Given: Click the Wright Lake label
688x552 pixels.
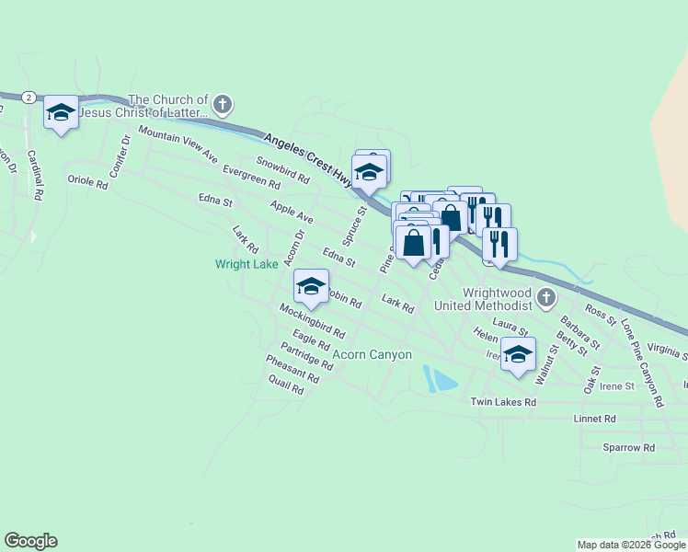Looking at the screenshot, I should (x=247, y=264).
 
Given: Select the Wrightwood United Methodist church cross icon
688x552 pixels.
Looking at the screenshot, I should (x=547, y=297).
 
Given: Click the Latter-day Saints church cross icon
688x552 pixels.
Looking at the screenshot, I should (x=223, y=106).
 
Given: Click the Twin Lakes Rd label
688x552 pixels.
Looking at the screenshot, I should (x=503, y=402).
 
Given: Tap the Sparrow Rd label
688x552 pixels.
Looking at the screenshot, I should (x=628, y=447).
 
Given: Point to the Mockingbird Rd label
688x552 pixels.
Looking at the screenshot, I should (x=312, y=320).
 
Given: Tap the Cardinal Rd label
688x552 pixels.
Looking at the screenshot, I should (x=35, y=175).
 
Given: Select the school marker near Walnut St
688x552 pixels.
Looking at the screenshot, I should (x=518, y=354).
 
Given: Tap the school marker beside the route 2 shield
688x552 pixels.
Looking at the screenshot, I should (x=62, y=113).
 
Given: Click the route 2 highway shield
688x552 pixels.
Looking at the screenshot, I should (x=29, y=97).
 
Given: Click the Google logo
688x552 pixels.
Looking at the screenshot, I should (x=30, y=541).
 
